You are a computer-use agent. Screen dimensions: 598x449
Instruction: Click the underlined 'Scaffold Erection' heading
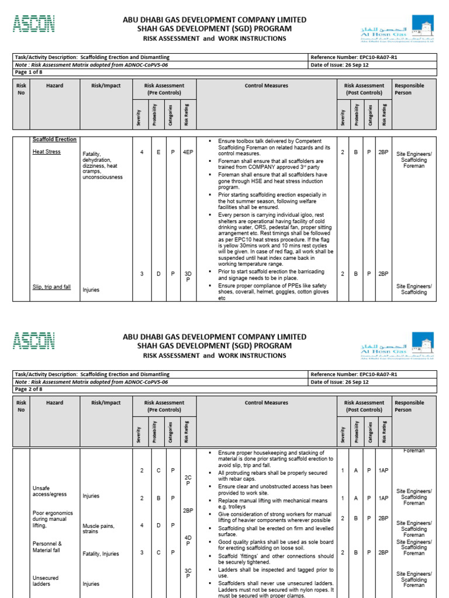tap(54, 140)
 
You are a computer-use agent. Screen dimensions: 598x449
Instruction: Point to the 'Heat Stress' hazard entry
tap(46, 152)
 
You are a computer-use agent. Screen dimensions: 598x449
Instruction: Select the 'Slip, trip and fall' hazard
tap(51, 287)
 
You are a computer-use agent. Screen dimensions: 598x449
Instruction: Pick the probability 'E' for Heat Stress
tap(156, 152)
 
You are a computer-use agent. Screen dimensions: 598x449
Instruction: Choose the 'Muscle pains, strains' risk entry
tap(98, 529)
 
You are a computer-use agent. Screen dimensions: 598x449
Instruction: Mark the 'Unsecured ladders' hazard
tap(46, 581)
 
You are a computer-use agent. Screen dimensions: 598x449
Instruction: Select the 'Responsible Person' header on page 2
tap(409, 406)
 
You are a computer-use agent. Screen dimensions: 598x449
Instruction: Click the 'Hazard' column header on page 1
tap(54, 86)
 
